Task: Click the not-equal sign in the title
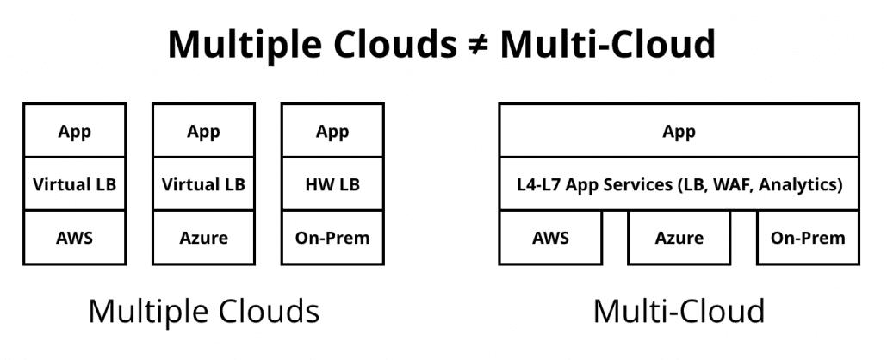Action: coord(469,44)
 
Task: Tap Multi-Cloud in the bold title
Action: coord(607,44)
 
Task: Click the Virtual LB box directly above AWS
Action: coord(74,184)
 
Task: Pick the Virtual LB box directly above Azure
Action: coord(203,184)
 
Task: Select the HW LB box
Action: coord(332,184)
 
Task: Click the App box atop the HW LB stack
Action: coord(332,132)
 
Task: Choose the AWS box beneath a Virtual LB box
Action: coord(74,237)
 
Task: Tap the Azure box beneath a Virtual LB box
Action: coord(203,237)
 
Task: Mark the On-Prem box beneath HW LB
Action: coord(332,237)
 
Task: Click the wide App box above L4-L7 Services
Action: coord(679,132)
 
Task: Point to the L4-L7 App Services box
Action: coord(679,184)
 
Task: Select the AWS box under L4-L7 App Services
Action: coord(550,238)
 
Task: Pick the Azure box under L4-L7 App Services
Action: coord(679,238)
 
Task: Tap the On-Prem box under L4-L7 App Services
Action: coord(808,238)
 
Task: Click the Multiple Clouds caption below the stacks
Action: coord(203,311)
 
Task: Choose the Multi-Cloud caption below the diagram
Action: coord(679,311)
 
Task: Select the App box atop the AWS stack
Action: coord(74,132)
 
